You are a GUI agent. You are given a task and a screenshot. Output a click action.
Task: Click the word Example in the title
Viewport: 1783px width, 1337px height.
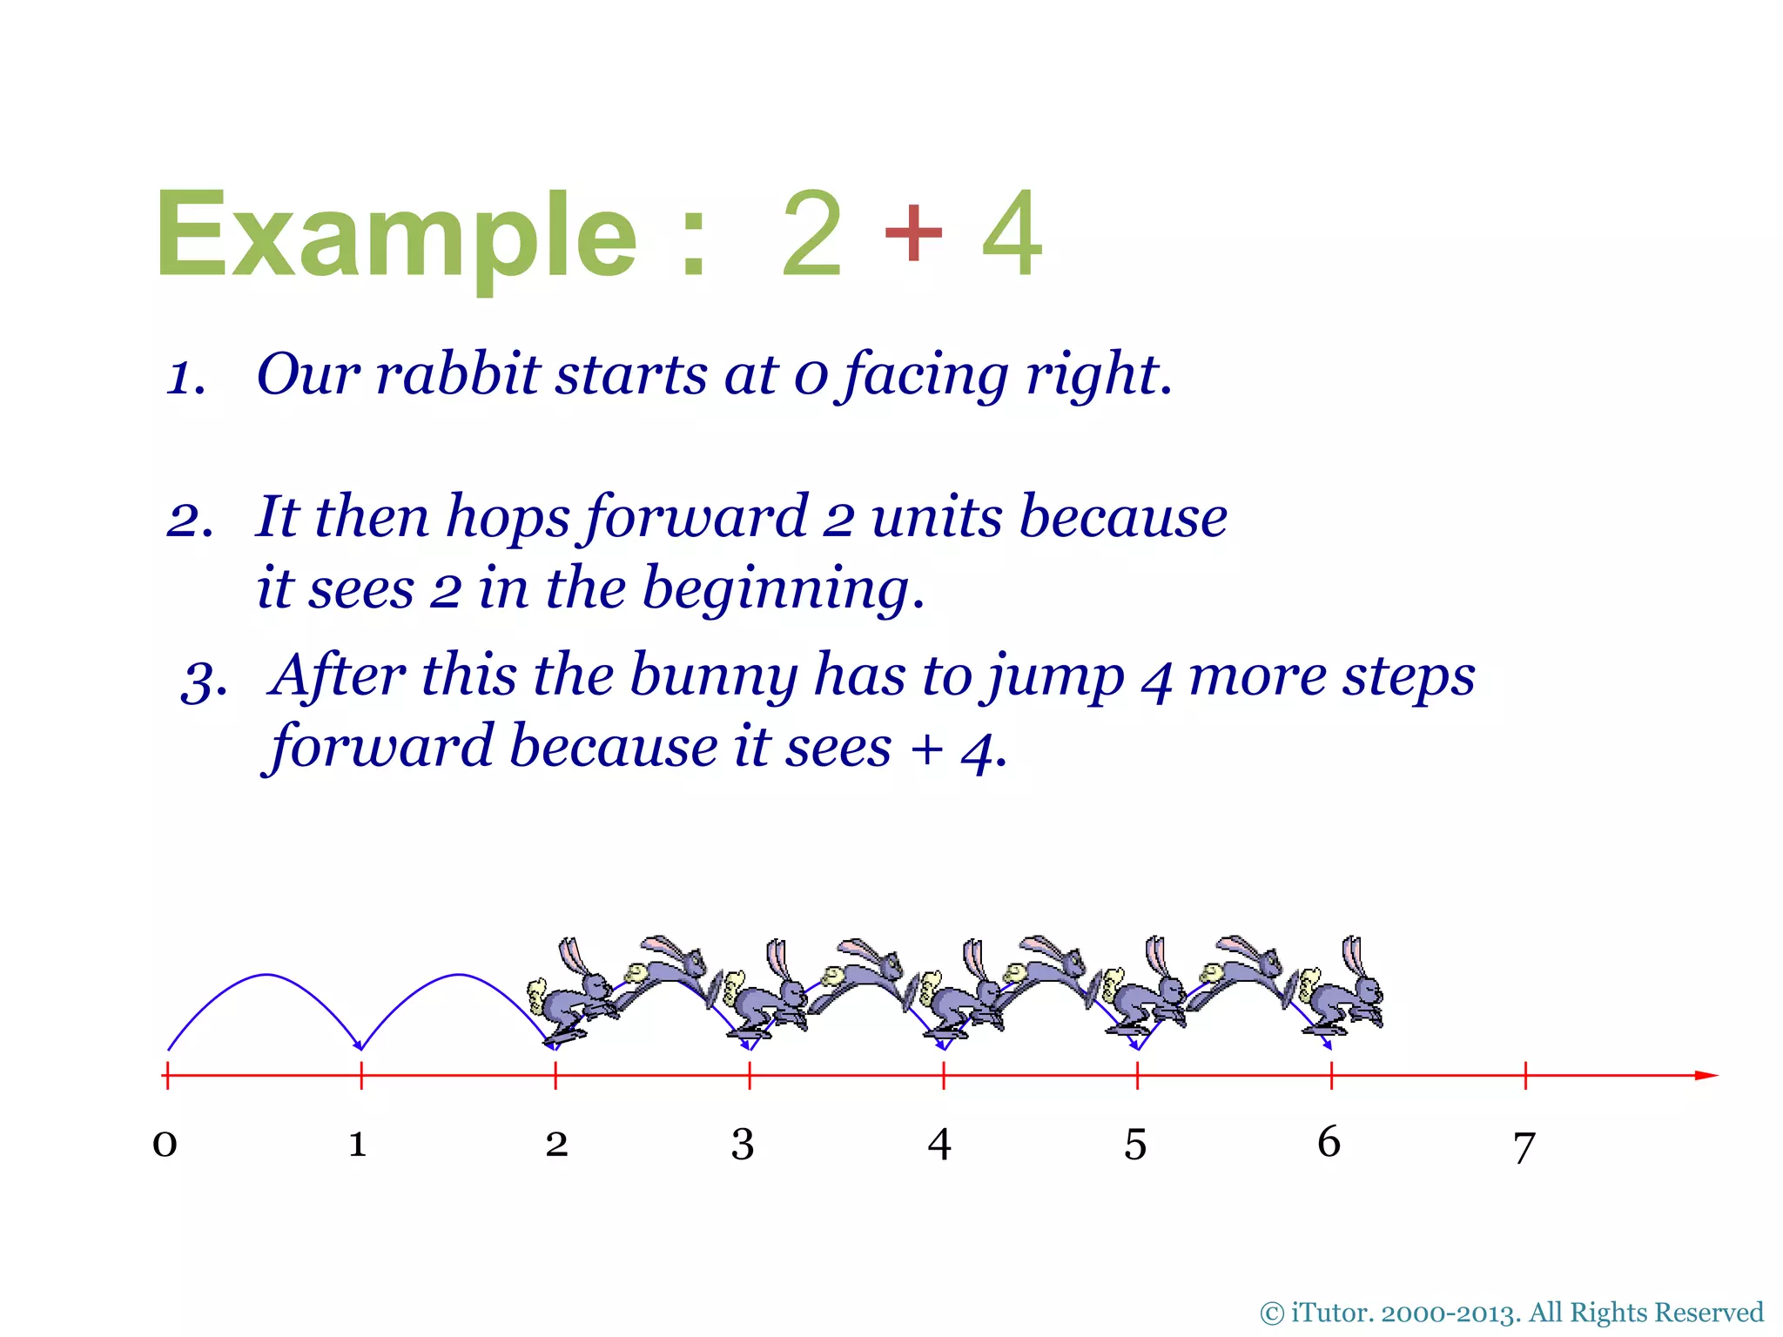tap(396, 235)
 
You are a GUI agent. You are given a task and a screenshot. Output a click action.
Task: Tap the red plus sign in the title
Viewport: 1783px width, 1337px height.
tap(912, 232)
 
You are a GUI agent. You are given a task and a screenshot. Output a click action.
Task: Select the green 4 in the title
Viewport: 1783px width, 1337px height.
tap(1012, 233)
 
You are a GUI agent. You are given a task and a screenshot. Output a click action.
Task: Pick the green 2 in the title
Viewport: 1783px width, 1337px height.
tap(811, 233)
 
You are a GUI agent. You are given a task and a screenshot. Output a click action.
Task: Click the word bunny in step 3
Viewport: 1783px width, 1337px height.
tap(713, 676)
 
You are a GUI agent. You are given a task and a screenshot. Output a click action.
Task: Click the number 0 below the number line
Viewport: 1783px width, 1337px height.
tap(165, 1143)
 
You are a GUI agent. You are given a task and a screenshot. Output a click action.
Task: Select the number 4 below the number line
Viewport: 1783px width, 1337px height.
tap(939, 1144)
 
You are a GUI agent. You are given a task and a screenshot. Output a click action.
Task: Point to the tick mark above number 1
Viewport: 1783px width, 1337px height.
tap(361, 1076)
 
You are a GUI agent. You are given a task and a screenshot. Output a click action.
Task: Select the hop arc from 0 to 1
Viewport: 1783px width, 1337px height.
tap(266, 975)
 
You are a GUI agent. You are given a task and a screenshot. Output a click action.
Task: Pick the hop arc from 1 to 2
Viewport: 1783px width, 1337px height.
tap(459, 975)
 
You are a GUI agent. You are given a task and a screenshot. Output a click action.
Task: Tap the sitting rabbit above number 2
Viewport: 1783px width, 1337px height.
tap(570, 992)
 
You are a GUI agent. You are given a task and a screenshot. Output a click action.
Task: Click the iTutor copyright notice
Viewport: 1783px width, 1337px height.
tap(1511, 1312)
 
